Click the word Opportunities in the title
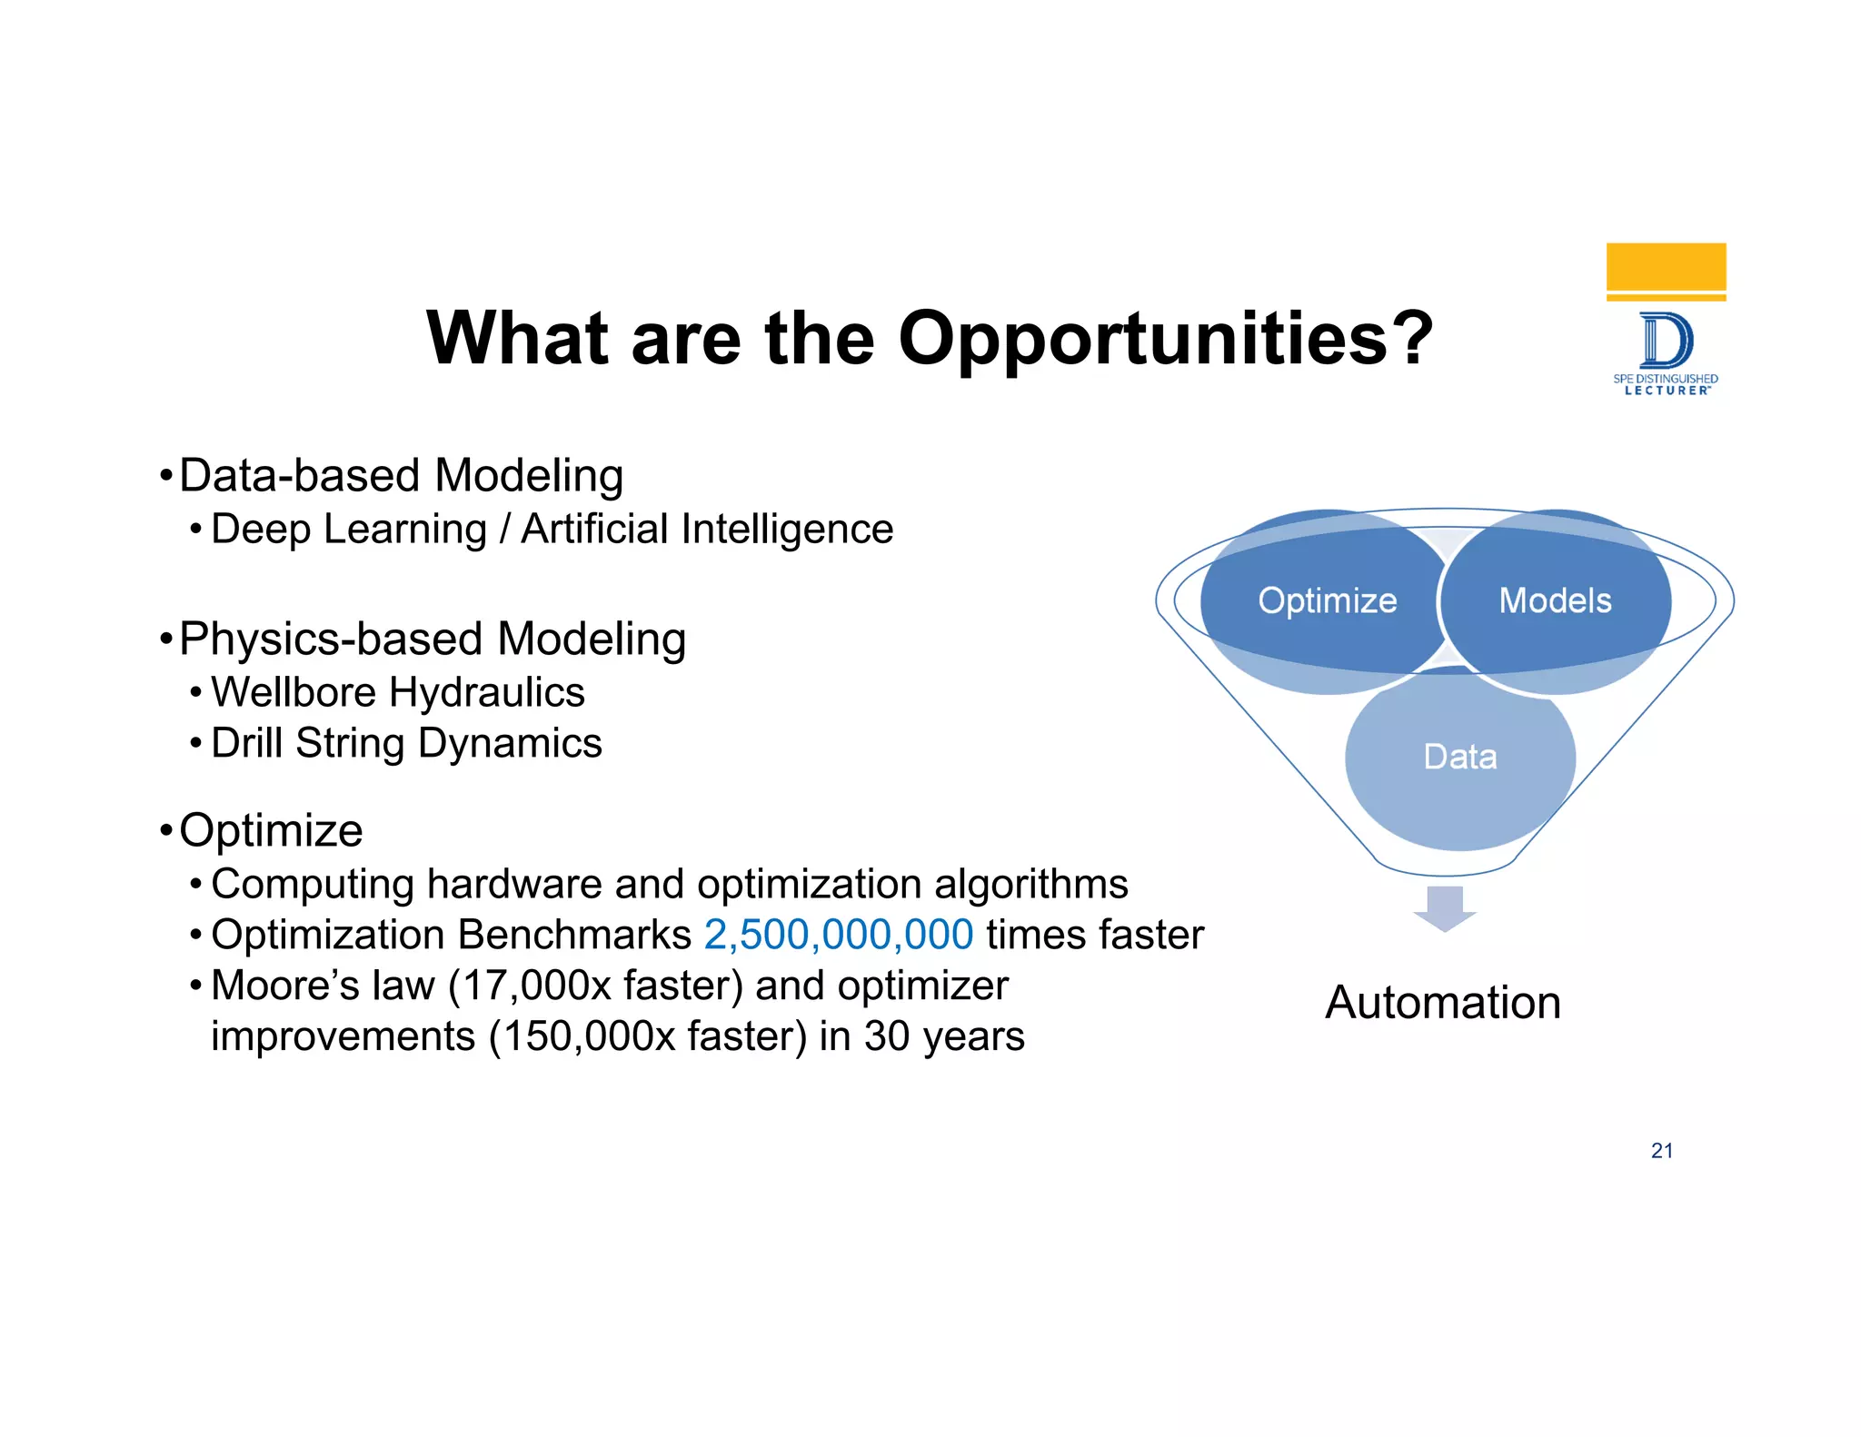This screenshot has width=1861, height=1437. [1165, 339]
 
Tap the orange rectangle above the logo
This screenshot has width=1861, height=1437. [1666, 267]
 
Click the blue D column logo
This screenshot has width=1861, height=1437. [1666, 341]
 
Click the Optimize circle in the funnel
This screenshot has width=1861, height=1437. [1327, 600]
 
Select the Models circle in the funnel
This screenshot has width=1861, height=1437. [1556, 600]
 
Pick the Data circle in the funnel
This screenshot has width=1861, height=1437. [1459, 757]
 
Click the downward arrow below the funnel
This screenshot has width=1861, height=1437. [1444, 907]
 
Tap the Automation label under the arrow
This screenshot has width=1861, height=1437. [1443, 1003]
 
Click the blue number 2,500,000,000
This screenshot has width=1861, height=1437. [838, 935]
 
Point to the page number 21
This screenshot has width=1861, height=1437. [1661, 1151]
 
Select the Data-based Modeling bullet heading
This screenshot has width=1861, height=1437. [401, 476]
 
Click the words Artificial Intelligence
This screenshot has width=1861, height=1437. [707, 530]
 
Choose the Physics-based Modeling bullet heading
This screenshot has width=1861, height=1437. [433, 639]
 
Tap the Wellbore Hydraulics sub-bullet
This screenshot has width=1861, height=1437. [398, 692]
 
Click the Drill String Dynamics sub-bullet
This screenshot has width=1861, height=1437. [406, 743]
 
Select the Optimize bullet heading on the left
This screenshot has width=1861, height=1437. [271, 830]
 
